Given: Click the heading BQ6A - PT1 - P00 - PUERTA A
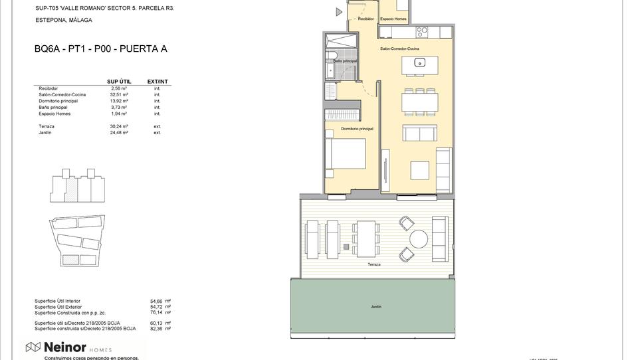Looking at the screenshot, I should click(x=100, y=48).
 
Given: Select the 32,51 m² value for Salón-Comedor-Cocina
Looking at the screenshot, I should click(x=120, y=95).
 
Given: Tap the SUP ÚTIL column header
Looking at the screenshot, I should click(x=119, y=82).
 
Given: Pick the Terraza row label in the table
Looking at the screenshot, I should click(x=47, y=126).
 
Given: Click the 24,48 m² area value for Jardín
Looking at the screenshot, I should click(x=120, y=133).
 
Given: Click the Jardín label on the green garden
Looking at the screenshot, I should click(x=376, y=307).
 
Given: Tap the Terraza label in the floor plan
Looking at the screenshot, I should click(x=373, y=264).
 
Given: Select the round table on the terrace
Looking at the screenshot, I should click(x=419, y=238).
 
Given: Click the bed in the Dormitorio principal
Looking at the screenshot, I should click(x=345, y=155).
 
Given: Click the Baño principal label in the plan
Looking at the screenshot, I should click(x=345, y=61).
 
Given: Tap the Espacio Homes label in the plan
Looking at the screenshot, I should click(x=393, y=19).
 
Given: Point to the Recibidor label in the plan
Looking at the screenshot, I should click(x=366, y=19).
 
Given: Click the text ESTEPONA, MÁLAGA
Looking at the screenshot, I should click(x=64, y=21).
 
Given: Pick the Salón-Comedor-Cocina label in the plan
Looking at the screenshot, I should click(x=399, y=49).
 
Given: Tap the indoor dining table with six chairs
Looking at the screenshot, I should click(x=419, y=102).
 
